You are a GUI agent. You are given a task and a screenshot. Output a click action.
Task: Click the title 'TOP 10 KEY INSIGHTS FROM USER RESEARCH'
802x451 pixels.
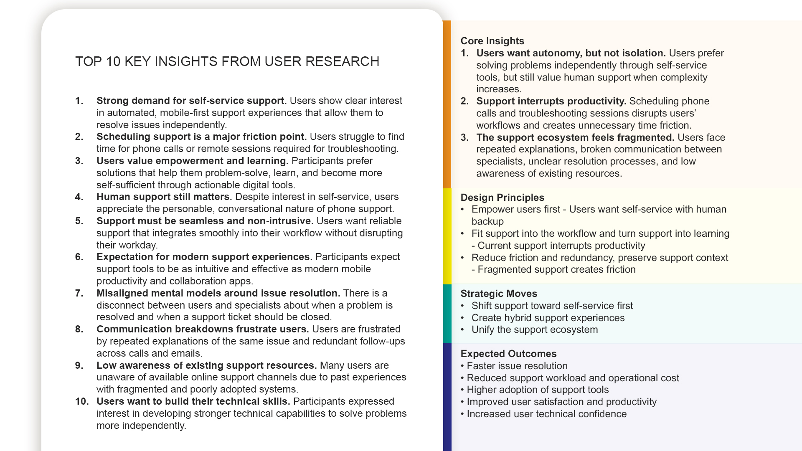(227, 61)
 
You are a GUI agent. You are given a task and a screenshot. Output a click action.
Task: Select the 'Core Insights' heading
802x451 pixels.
(492, 41)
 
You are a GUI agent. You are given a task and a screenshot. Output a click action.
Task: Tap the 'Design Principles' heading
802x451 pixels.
(502, 198)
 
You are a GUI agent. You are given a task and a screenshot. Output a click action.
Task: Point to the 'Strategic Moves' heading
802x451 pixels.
(498, 294)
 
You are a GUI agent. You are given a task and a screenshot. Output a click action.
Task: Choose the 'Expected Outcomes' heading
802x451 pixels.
(508, 354)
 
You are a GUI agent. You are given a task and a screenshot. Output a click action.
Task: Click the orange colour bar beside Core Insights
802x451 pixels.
(447, 104)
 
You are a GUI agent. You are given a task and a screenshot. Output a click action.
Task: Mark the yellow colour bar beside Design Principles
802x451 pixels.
(447, 236)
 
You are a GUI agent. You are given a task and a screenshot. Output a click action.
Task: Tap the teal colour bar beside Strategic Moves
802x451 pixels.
(447, 314)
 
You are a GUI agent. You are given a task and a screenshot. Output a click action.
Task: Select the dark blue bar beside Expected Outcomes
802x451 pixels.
(447, 397)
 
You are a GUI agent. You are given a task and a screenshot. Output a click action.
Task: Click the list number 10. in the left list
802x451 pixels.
(82, 401)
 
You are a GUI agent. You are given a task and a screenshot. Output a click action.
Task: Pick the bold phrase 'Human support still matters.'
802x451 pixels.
(164, 197)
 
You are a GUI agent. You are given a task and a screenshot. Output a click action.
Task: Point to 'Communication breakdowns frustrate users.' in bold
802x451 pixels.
(203, 329)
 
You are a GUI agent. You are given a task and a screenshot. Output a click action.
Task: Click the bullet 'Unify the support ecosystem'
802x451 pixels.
(534, 329)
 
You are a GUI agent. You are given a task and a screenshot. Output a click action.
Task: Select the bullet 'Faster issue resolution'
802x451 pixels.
(517, 366)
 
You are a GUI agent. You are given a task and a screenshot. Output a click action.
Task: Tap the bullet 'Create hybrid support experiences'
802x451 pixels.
(548, 318)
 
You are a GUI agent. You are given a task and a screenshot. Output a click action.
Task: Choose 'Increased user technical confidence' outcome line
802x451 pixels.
(546, 414)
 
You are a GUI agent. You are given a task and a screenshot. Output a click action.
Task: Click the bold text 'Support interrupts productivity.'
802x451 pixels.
(551, 101)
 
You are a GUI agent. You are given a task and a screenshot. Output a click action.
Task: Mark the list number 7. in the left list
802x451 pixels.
(79, 293)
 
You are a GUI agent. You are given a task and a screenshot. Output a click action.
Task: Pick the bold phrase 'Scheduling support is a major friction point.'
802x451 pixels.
(201, 137)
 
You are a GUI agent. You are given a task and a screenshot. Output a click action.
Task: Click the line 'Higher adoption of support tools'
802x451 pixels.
(537, 390)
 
